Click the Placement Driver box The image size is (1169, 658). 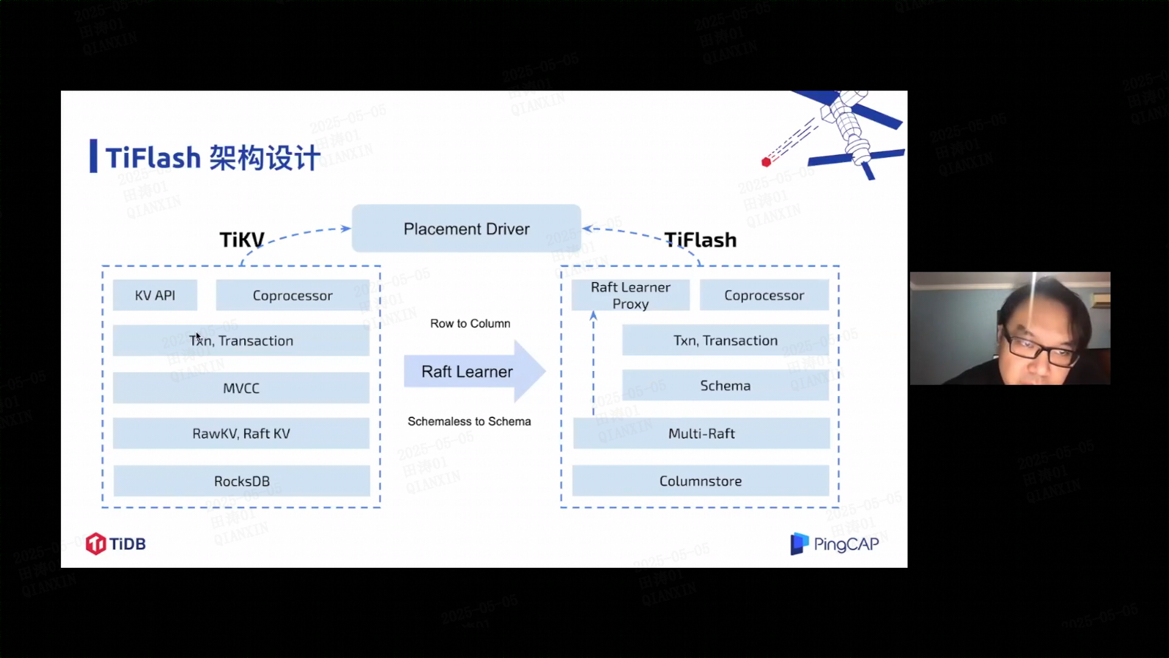(466, 228)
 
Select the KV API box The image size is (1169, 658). (155, 295)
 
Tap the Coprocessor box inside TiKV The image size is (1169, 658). (292, 295)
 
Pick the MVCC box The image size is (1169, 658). (241, 388)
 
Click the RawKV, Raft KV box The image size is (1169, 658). (241, 433)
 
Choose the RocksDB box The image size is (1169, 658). (241, 481)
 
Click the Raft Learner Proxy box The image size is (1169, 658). (630, 295)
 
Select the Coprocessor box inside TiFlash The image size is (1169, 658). (764, 295)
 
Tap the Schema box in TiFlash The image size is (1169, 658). (725, 386)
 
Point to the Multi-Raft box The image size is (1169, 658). (701, 433)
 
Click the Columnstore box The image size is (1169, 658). (700, 481)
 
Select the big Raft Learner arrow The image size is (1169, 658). (474, 371)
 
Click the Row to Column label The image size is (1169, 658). (470, 324)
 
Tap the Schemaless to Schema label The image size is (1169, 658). (469, 422)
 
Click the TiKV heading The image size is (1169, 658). (242, 240)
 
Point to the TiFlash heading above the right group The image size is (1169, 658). (700, 240)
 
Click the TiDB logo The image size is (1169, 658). (116, 543)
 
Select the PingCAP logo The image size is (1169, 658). (834, 543)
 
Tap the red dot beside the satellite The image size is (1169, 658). (766, 162)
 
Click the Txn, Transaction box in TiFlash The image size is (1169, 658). (725, 341)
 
